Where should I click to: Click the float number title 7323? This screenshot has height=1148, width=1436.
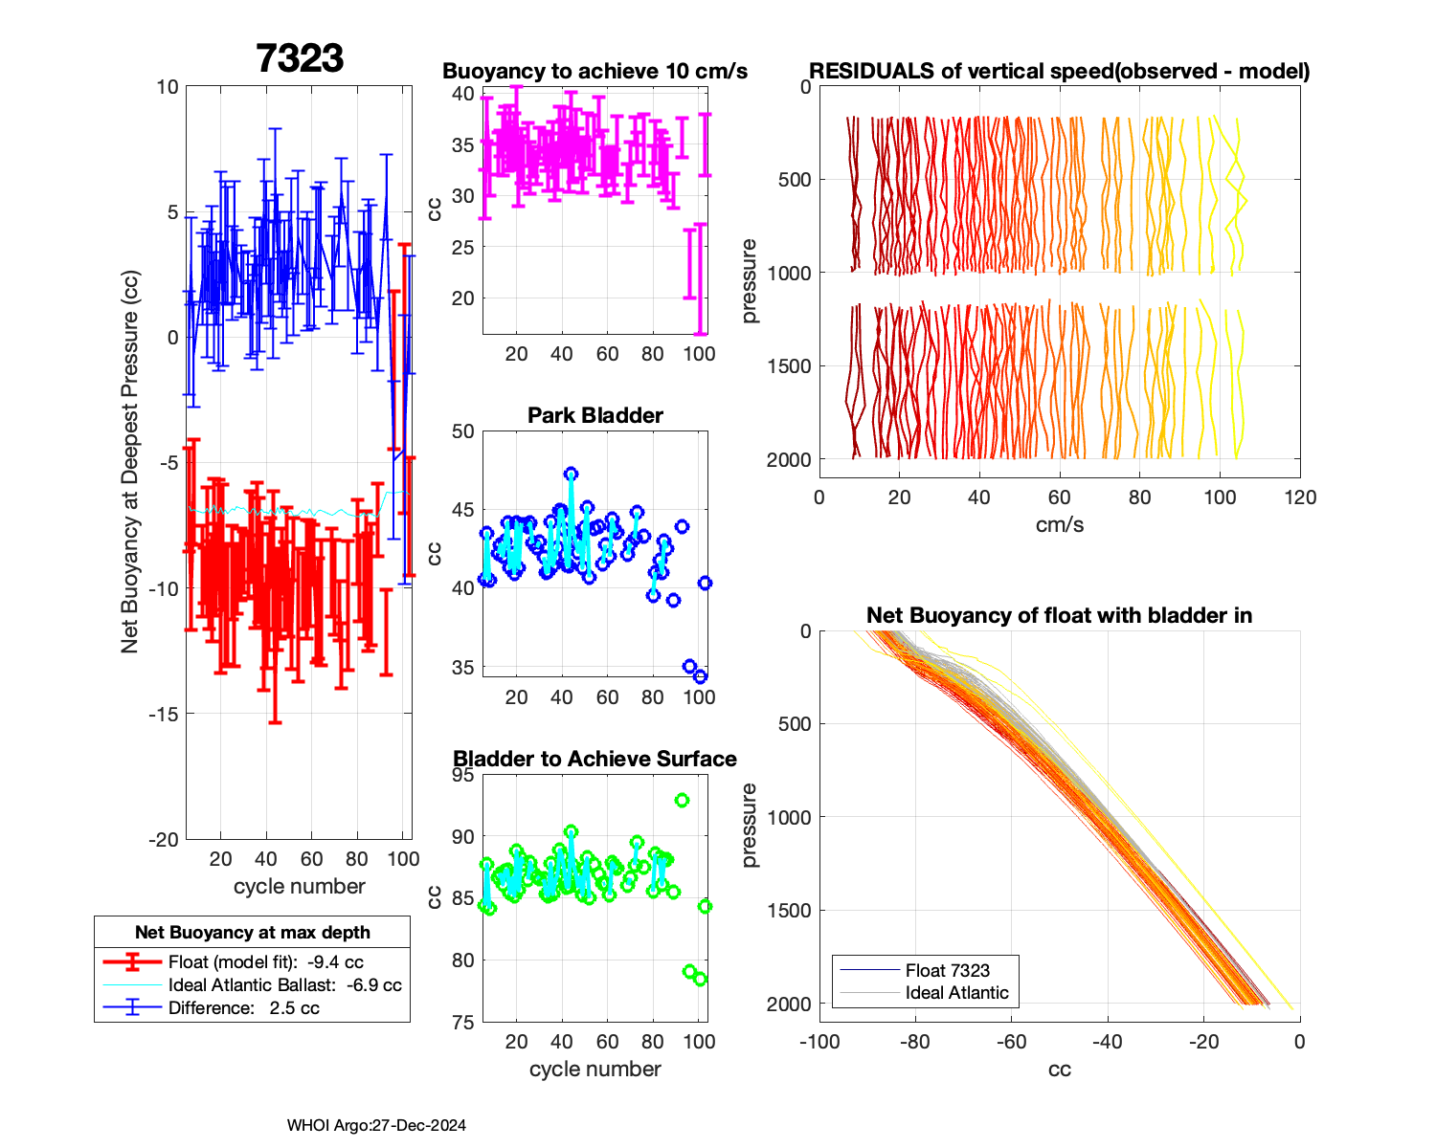click(300, 58)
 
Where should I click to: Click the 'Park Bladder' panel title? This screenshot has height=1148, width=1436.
click(595, 415)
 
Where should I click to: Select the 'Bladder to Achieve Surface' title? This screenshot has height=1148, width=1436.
click(595, 759)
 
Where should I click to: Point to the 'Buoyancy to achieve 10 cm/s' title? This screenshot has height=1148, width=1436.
click(595, 71)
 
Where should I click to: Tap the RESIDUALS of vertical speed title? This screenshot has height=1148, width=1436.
click(1060, 71)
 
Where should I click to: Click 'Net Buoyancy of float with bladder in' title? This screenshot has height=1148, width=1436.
click(1060, 615)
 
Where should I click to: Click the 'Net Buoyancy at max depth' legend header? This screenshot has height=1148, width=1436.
click(253, 932)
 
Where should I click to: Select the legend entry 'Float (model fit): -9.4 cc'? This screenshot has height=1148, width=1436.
click(265, 961)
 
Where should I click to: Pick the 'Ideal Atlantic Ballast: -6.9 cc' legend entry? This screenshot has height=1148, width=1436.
click(284, 984)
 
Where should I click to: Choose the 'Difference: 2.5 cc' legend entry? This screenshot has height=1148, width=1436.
click(243, 1007)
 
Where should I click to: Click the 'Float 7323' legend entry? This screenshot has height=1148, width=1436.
click(947, 970)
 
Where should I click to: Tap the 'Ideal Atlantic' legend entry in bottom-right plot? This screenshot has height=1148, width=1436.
click(956, 993)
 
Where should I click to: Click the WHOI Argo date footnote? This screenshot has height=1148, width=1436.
click(376, 1125)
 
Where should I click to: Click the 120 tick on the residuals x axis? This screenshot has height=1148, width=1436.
click(1300, 497)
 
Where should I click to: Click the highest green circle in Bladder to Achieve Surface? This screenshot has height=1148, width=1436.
click(682, 800)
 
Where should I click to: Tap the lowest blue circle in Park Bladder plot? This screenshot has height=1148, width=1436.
click(700, 676)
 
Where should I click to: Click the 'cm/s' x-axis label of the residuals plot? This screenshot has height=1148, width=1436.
click(1060, 524)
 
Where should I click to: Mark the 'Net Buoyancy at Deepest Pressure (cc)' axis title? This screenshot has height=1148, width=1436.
click(130, 463)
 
